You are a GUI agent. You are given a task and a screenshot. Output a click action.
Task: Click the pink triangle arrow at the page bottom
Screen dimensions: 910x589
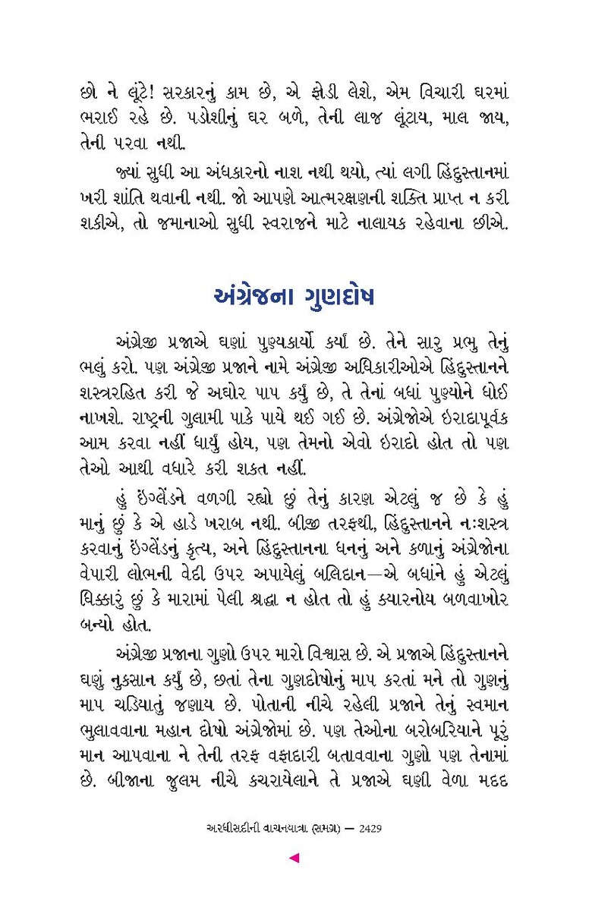point(294,858)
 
